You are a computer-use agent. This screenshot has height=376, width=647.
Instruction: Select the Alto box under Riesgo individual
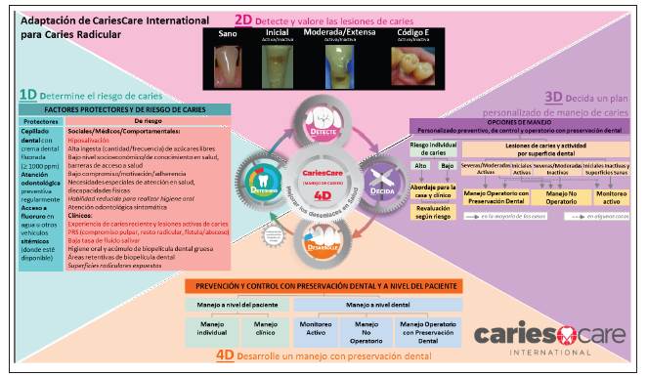[x=419, y=167]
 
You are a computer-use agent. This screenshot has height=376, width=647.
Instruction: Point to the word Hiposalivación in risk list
[x=116, y=139]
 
